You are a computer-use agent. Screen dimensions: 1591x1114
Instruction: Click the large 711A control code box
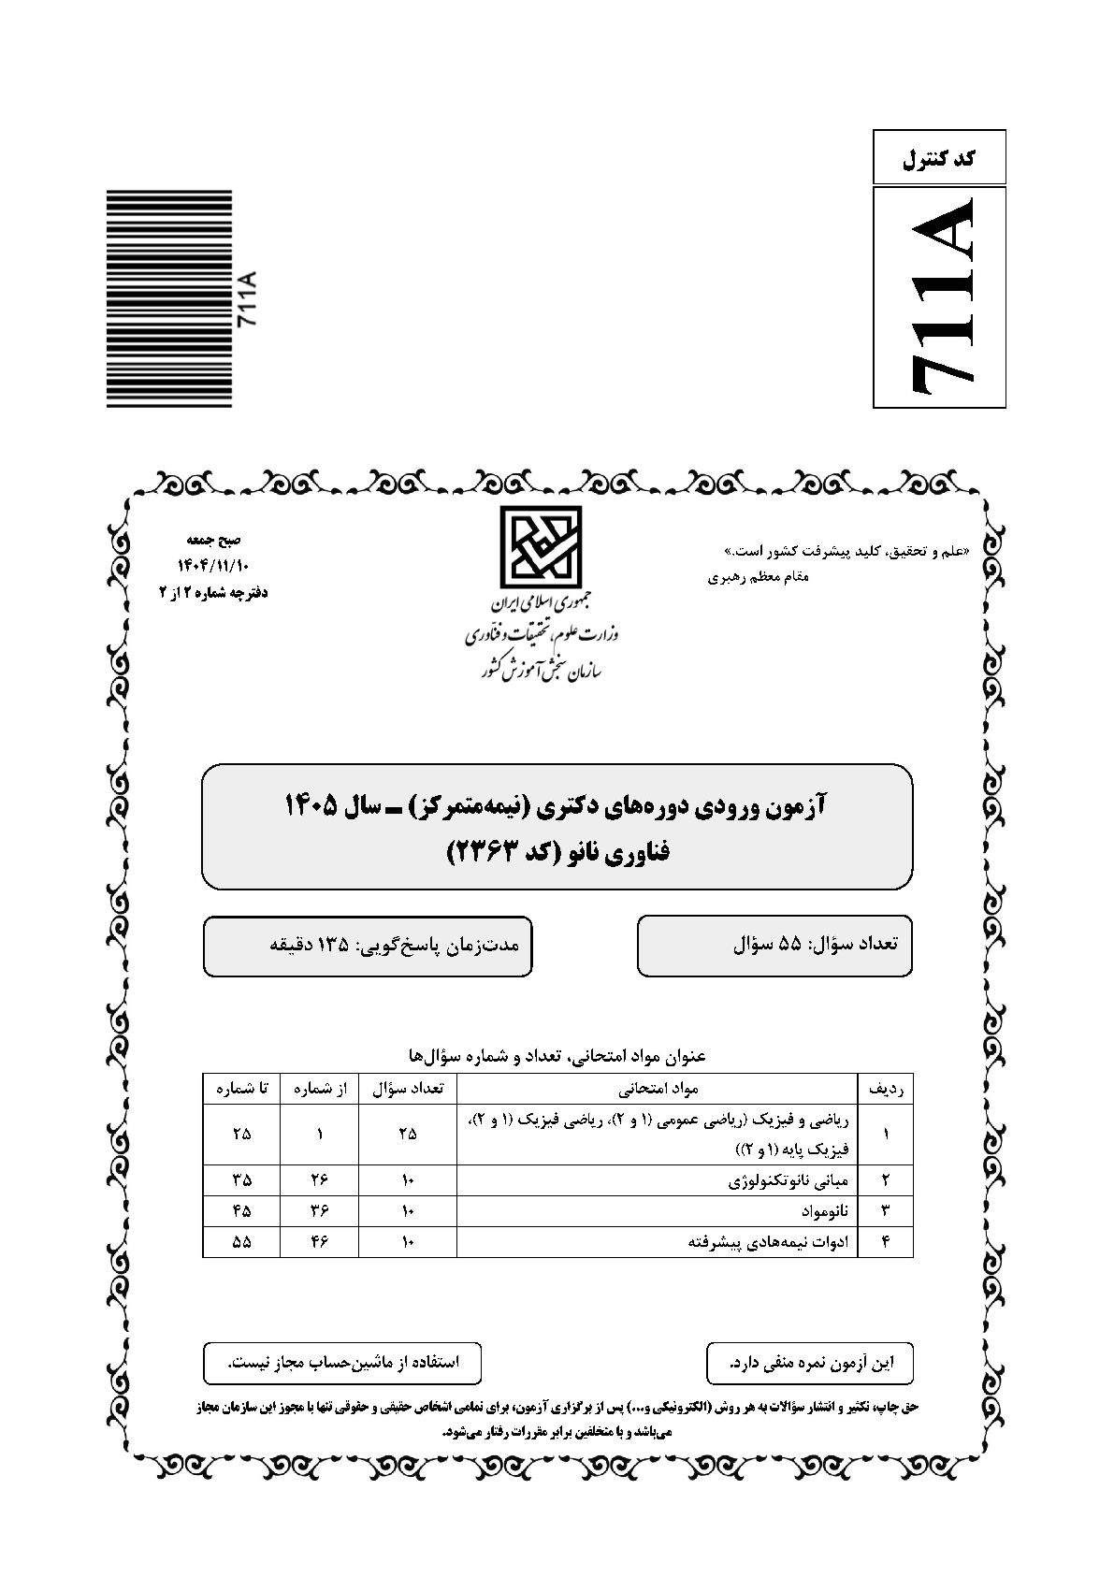(939, 297)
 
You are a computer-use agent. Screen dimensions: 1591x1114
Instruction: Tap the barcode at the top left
(168, 298)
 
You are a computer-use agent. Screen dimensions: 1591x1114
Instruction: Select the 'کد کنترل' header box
(939, 158)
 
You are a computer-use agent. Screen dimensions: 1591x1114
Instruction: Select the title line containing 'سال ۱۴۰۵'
(557, 805)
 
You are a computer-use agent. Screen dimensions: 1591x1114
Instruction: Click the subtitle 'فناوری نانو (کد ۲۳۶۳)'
(558, 852)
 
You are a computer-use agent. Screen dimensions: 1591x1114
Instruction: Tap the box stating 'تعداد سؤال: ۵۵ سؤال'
(774, 945)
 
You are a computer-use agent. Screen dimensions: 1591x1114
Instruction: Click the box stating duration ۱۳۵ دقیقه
(368, 945)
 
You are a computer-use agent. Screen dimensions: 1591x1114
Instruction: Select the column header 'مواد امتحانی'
(658, 1089)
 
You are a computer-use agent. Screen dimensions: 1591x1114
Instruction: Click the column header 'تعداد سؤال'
(408, 1089)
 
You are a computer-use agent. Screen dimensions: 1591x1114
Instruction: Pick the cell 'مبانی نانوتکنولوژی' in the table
(788, 1179)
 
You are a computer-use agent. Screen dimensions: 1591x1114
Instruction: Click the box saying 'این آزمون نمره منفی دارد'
(810, 1363)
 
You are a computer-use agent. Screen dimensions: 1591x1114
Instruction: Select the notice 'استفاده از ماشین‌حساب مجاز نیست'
(342, 1363)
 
